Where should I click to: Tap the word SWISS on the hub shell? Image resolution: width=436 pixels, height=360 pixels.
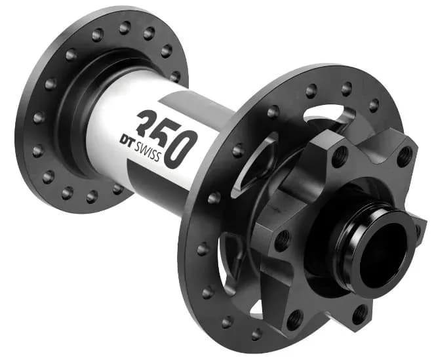[148, 152]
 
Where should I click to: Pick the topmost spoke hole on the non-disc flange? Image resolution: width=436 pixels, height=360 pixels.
[125, 28]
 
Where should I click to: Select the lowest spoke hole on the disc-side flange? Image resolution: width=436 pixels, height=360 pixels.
[256, 334]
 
